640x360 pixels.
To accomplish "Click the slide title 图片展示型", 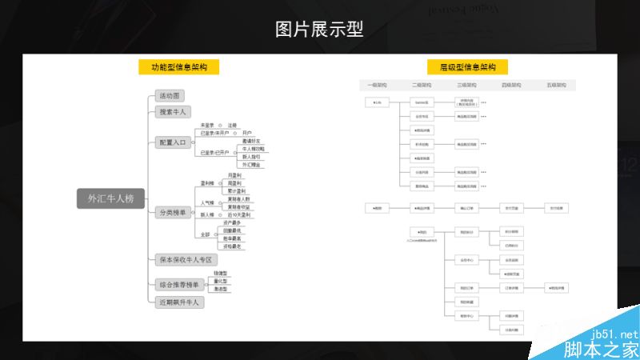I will (x=319, y=30).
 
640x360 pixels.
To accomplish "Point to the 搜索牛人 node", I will (x=173, y=112).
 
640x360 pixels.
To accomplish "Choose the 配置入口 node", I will (x=172, y=142).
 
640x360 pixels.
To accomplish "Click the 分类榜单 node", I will (x=172, y=212).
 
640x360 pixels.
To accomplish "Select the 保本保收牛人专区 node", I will (x=186, y=259).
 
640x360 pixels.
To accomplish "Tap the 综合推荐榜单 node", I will (x=179, y=285).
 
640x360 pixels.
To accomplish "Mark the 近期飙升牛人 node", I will (x=179, y=303).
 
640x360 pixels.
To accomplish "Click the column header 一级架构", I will (x=377, y=85).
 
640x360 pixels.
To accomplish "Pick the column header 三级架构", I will (x=467, y=85).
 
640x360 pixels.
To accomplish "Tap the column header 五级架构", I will (x=557, y=85).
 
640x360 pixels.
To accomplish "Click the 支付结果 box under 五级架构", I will (x=556, y=208).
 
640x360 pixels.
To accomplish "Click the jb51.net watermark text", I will (x=616, y=334).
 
